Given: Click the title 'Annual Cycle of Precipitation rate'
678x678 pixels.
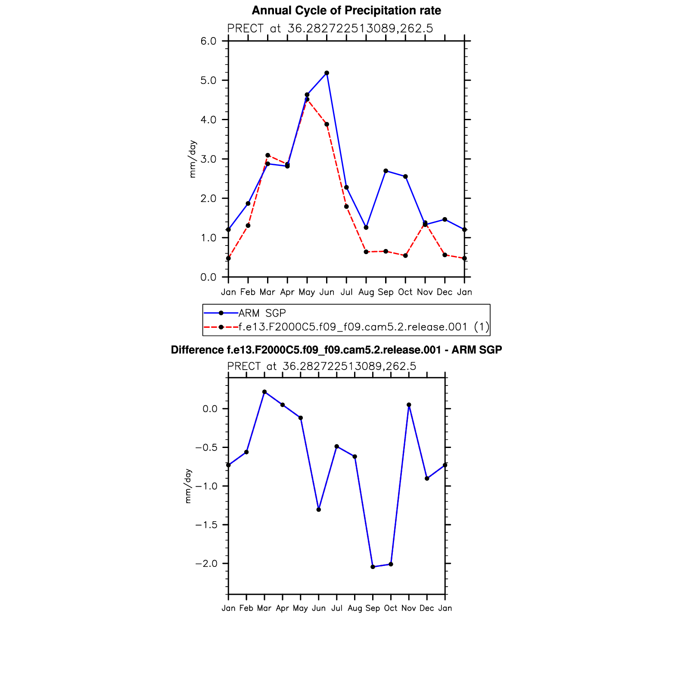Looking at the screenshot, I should (x=346, y=10).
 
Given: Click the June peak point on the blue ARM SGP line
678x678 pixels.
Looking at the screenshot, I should (x=327, y=73).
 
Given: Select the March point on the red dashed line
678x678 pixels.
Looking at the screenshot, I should (x=267, y=155).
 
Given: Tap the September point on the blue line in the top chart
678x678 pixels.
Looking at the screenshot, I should (x=386, y=171).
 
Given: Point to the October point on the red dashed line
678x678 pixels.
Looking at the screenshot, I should (x=405, y=255).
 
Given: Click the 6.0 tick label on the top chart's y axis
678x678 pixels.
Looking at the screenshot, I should (x=208, y=41).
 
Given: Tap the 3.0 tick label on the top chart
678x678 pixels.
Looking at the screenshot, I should (x=208, y=159).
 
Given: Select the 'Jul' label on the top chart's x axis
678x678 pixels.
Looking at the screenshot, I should (x=346, y=292).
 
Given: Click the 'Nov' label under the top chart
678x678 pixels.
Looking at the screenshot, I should (x=425, y=292).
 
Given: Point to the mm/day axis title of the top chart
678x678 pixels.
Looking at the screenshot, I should (x=193, y=159).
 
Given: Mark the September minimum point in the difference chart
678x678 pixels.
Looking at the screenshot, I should (x=373, y=567).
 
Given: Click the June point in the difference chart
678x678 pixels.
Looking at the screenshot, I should (x=319, y=510).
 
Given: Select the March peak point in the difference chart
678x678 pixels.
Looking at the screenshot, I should (x=264, y=392).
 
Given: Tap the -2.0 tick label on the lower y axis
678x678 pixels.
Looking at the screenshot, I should (x=206, y=563).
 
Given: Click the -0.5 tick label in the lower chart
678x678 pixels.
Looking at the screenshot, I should (x=206, y=447).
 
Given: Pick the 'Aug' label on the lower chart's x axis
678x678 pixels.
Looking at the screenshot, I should (x=355, y=608).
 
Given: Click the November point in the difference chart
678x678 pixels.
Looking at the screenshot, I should (x=409, y=405).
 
